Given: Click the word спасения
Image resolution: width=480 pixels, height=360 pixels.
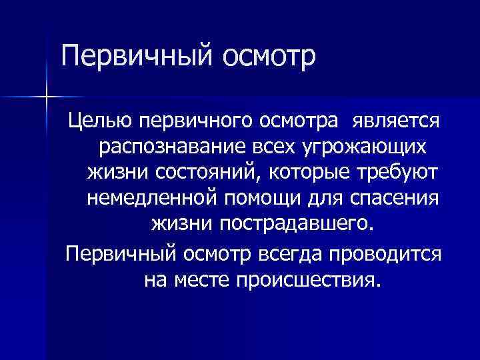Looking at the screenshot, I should coord(401,197).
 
